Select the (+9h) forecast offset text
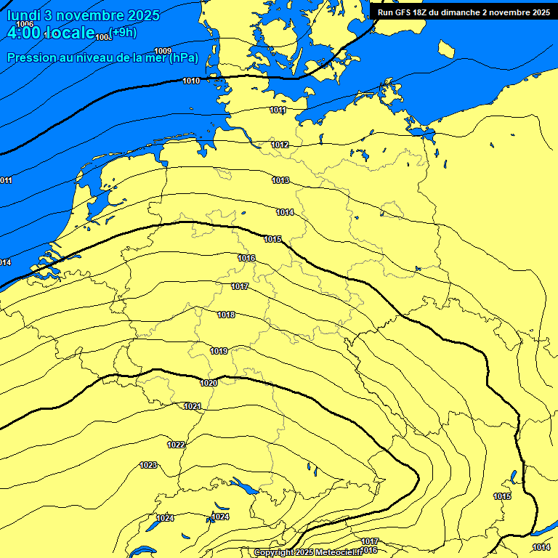coord(122,31)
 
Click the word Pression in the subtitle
coord(29,58)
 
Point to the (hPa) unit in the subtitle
coord(183,58)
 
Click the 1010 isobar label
coord(192,81)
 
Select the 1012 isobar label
coord(280,145)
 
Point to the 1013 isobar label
coord(280,180)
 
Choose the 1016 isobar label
coord(246,258)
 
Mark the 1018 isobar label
coord(226,315)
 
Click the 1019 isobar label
coord(219,351)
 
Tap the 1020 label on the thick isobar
coord(209,383)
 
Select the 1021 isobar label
coord(193,406)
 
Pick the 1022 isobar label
coord(176,445)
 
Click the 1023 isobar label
coord(148,465)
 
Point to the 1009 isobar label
coord(163,50)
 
